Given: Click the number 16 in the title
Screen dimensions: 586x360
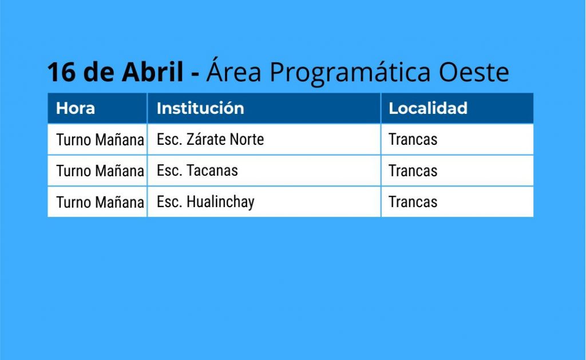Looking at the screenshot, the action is coord(61,72).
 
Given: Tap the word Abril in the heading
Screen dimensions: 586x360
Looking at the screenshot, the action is coord(153,71).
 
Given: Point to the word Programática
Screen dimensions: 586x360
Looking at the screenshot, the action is coord(350,72).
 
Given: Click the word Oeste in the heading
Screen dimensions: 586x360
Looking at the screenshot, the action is coord(473,72).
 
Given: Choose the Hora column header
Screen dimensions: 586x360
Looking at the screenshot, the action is coord(75,108).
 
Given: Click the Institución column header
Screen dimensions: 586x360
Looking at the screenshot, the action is coord(200,108).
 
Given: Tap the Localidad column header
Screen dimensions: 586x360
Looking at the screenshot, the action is coord(428,108).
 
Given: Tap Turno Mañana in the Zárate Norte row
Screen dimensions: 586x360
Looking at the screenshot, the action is coord(100,140).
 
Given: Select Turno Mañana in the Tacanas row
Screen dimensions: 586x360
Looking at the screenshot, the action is coord(100,171).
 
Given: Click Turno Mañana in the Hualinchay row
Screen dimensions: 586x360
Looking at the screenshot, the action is coord(100,202).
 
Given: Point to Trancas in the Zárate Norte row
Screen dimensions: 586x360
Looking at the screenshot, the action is coord(413,140).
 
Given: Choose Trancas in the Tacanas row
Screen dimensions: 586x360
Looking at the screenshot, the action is coord(413,171).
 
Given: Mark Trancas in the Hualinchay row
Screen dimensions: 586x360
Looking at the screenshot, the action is coord(413,202).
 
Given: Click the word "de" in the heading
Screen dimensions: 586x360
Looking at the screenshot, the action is coord(98,71).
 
